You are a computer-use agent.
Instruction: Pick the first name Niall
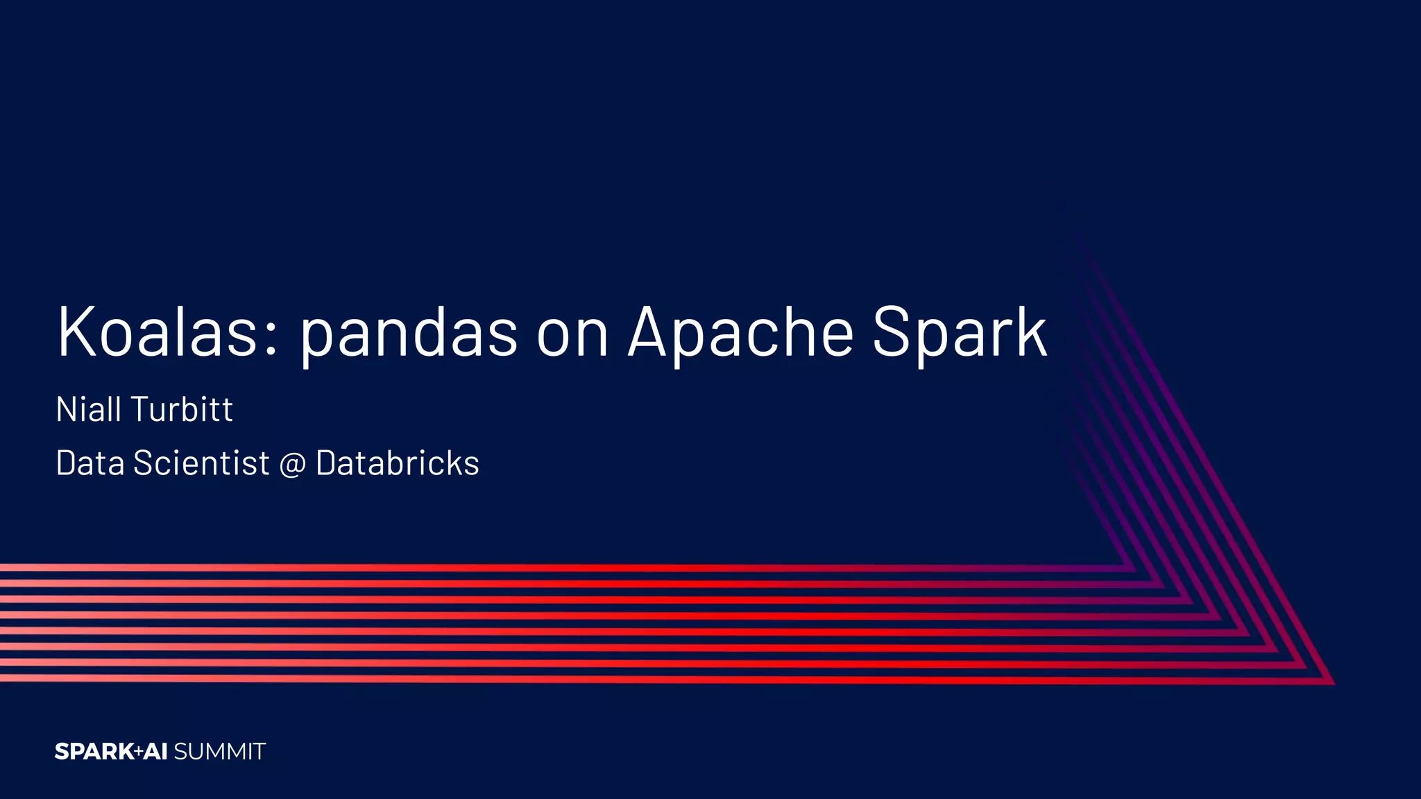click(89, 409)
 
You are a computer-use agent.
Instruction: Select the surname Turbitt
click(182, 409)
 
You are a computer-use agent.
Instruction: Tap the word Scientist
click(201, 463)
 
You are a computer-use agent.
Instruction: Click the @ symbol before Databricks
click(292, 465)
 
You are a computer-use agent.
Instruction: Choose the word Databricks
click(397, 463)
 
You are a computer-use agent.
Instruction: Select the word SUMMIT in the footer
click(219, 752)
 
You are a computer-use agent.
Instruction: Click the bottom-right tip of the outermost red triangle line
click(1333, 683)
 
